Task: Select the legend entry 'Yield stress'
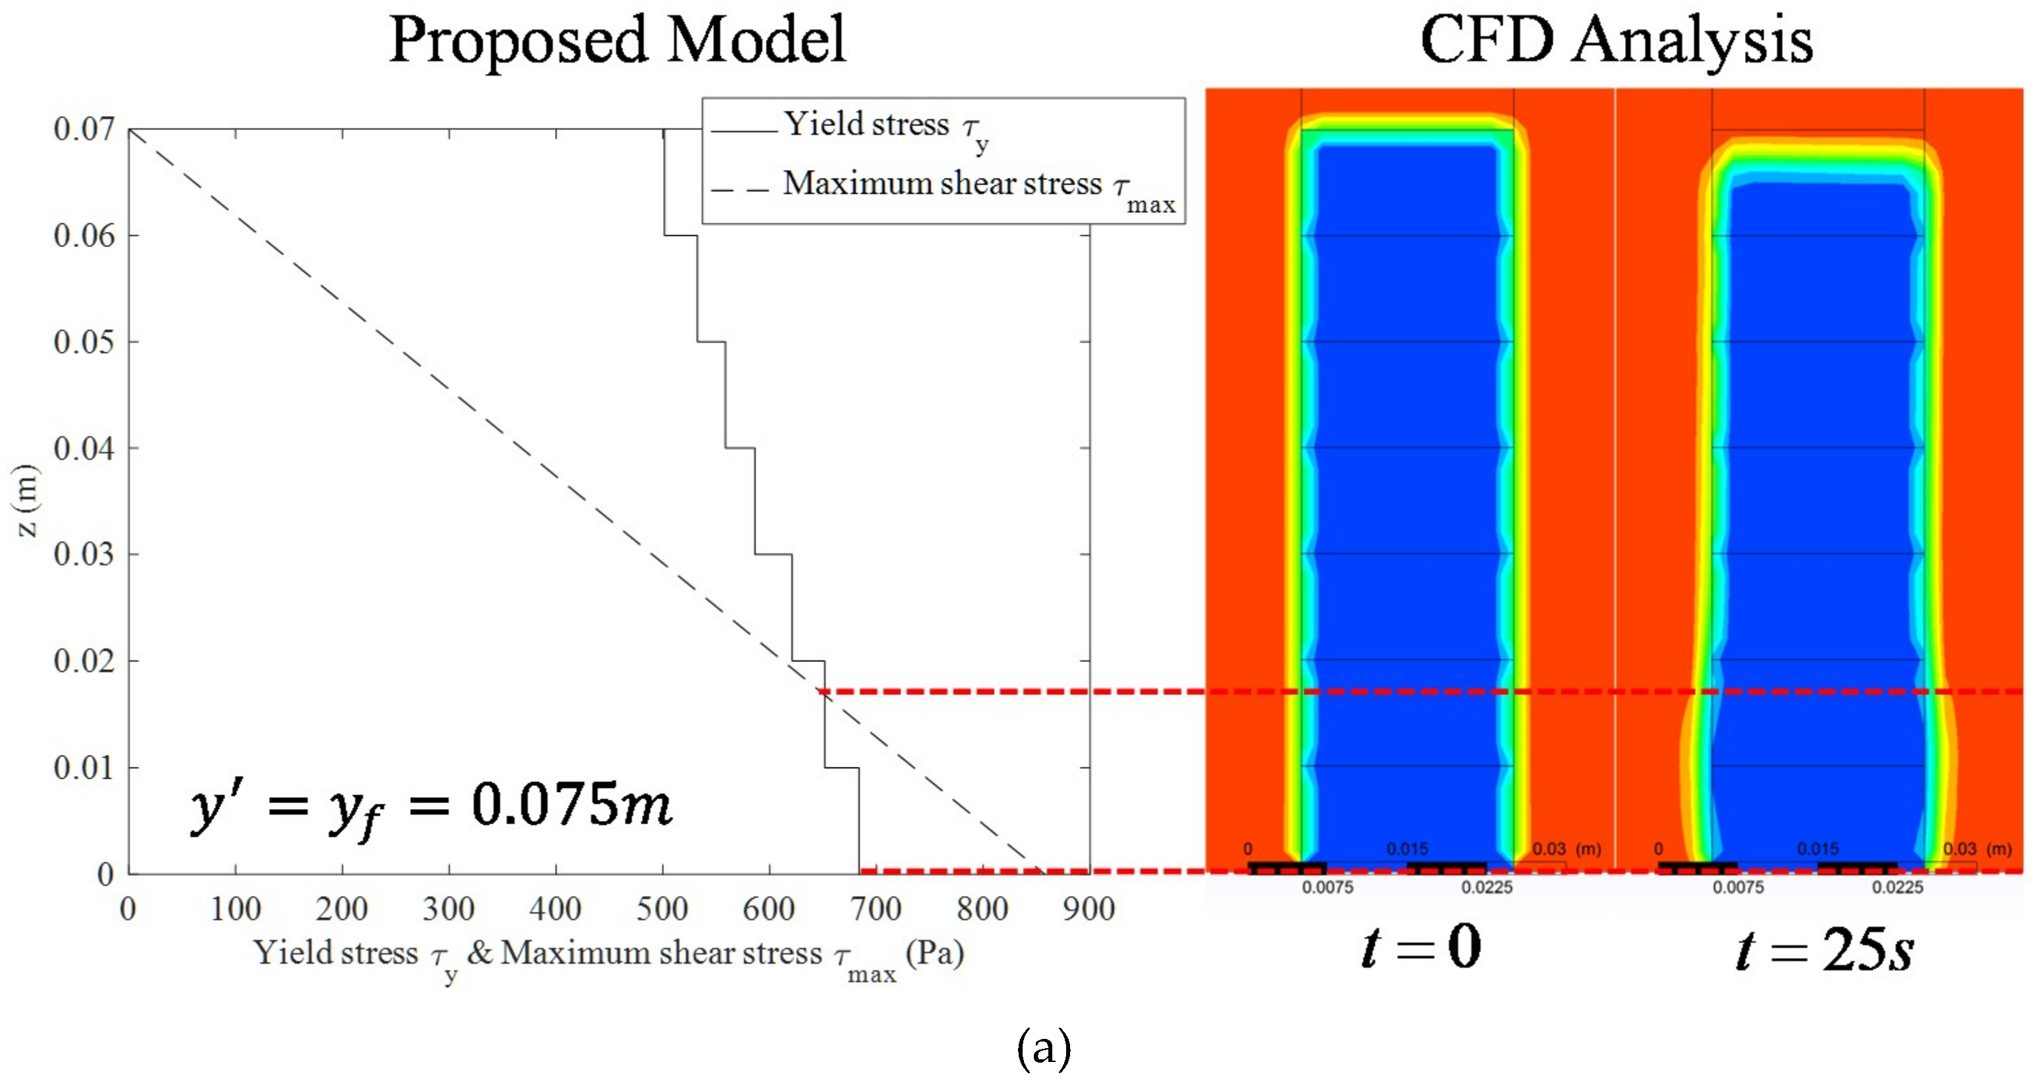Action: (866, 125)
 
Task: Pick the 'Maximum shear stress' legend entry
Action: (942, 184)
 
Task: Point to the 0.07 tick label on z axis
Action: (84, 129)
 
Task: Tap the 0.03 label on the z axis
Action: (84, 555)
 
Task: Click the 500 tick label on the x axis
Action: (662, 909)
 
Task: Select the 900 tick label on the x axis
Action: (1089, 909)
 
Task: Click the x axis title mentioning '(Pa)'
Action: (608, 955)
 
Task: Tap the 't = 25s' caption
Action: (1825, 949)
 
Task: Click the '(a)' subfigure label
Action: (1044, 1048)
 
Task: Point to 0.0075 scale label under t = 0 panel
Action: (1328, 887)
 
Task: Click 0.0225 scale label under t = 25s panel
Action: (1897, 887)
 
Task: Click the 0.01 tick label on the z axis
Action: (84, 767)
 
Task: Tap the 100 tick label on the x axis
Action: (235, 909)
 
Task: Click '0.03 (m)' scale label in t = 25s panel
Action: (1976, 849)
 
